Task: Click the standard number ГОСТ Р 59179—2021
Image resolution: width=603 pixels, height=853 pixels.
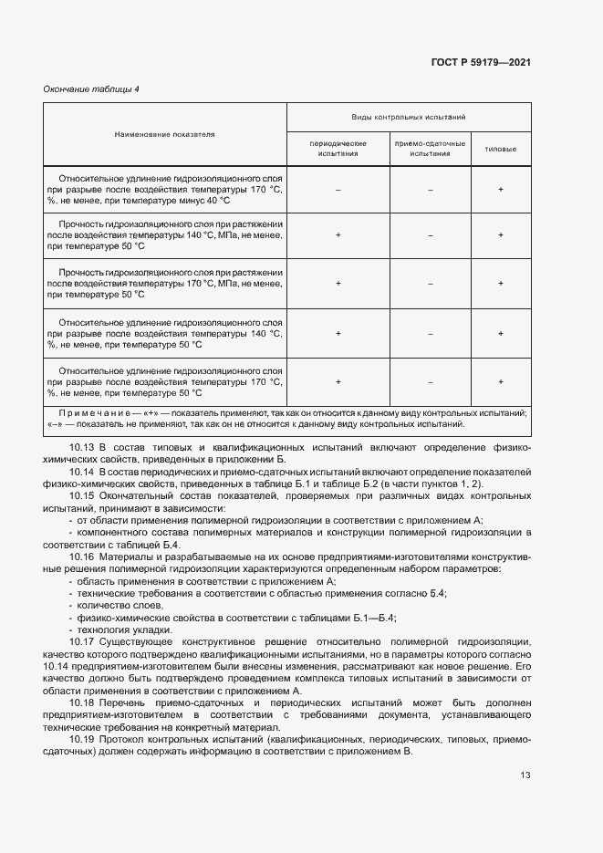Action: click(x=481, y=63)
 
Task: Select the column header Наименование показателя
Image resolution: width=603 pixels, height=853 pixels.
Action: click(x=164, y=134)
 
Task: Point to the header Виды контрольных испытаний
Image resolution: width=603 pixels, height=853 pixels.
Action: click(x=409, y=118)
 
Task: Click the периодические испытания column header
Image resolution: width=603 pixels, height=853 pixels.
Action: click(x=338, y=149)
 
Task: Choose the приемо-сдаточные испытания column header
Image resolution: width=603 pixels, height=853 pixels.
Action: click(x=430, y=149)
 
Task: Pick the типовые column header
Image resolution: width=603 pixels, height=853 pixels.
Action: click(x=501, y=149)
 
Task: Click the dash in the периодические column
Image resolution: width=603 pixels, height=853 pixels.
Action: click(x=338, y=189)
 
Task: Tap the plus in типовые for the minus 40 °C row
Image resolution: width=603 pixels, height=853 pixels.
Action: click(x=501, y=189)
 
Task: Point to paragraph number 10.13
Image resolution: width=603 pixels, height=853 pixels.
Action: click(x=82, y=448)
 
